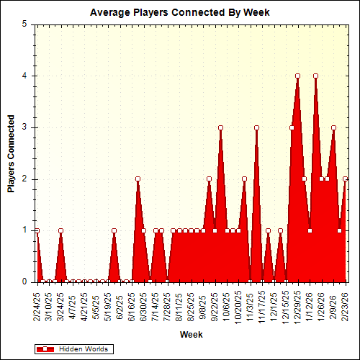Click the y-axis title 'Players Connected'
(x=11, y=153)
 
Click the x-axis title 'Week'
(x=191, y=334)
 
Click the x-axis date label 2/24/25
(x=37, y=303)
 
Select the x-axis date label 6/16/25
(x=132, y=303)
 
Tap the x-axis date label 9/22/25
(x=215, y=303)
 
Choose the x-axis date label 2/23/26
(x=345, y=303)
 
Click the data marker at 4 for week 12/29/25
(x=297, y=76)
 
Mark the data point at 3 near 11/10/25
(x=256, y=127)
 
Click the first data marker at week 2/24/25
(x=37, y=230)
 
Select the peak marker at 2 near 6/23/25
(x=138, y=179)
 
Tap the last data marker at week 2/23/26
(x=345, y=179)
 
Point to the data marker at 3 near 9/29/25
(x=220, y=127)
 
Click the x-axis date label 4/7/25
(x=73, y=303)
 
